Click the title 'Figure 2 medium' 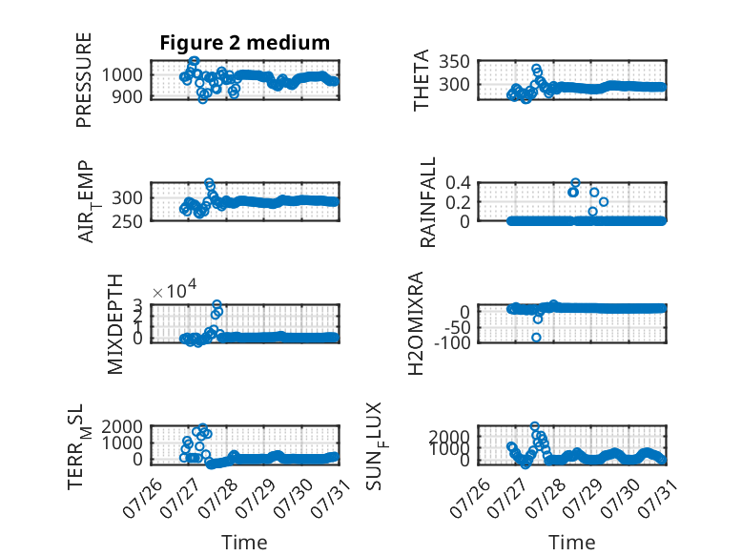(245, 43)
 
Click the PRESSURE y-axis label (83, 80)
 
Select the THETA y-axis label (421, 80)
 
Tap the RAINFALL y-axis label (427, 202)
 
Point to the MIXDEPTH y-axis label (115, 324)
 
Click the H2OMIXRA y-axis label (415, 323)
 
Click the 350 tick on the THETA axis (454, 62)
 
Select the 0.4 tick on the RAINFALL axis (458, 182)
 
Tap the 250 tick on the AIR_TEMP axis (126, 221)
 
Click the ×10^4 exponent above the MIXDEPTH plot (175, 290)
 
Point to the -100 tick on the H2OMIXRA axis (452, 342)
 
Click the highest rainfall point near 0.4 (575, 183)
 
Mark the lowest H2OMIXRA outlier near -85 (536, 338)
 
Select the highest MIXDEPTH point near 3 (216, 304)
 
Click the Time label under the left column (244, 543)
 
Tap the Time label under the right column (571, 543)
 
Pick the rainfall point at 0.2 (603, 202)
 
